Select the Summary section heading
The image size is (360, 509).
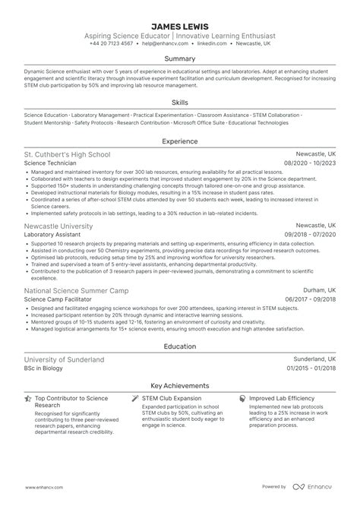(180, 58)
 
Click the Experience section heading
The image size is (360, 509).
(180, 141)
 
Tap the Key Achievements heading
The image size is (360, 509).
(180, 385)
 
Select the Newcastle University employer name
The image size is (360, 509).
(59, 226)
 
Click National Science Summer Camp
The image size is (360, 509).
(77, 291)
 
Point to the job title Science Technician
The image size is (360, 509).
(51, 163)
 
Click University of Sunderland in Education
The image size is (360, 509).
(64, 359)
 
